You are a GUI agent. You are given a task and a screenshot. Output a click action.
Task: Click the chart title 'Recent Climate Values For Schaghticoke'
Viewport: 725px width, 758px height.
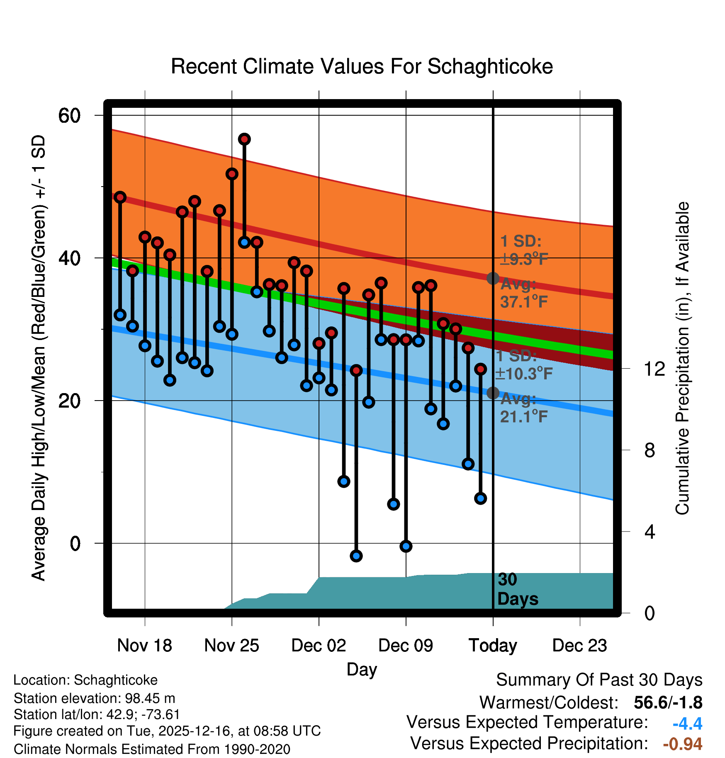(x=362, y=66)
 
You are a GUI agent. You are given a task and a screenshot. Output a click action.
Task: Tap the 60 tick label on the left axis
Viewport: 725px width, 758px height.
(x=69, y=115)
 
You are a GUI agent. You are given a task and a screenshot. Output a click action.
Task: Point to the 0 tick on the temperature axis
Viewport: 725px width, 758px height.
(x=75, y=543)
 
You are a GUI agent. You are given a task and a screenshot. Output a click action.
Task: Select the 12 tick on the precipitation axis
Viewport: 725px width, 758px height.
(x=654, y=368)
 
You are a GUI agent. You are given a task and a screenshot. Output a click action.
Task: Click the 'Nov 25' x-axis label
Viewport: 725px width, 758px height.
(x=231, y=646)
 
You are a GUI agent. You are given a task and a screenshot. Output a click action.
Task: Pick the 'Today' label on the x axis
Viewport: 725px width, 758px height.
(x=493, y=646)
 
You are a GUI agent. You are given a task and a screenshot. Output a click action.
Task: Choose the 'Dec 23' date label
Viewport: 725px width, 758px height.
(x=579, y=646)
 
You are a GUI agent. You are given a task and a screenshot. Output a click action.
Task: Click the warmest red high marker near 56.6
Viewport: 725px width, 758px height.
(x=244, y=139)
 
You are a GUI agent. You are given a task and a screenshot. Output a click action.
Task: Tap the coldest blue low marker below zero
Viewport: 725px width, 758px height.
(x=356, y=556)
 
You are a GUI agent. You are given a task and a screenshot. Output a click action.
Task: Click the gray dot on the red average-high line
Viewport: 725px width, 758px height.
(x=493, y=278)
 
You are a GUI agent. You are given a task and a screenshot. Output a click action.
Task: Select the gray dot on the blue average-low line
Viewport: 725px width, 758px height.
(x=493, y=393)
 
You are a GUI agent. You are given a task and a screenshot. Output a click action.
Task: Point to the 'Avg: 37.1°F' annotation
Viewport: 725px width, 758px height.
(x=523, y=293)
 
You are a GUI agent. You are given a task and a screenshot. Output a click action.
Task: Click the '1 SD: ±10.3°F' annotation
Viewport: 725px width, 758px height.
(x=523, y=365)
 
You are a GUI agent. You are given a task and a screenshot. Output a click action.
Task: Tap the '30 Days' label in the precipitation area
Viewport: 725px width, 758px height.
(x=517, y=589)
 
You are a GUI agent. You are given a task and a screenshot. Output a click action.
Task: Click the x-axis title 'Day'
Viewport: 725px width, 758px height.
(x=362, y=669)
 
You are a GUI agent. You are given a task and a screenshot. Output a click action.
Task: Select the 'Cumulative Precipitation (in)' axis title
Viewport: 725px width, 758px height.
(x=682, y=359)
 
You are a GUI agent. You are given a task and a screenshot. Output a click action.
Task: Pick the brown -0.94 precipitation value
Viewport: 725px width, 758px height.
(x=682, y=744)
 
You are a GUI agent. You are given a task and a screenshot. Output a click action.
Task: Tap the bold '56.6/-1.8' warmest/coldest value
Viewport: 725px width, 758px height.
(x=668, y=702)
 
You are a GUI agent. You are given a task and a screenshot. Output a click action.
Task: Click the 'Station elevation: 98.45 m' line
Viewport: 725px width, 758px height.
(x=95, y=698)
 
